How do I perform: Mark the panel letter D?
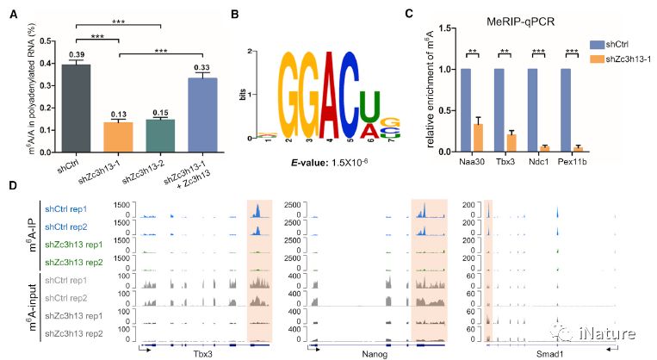coord(11,185)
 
